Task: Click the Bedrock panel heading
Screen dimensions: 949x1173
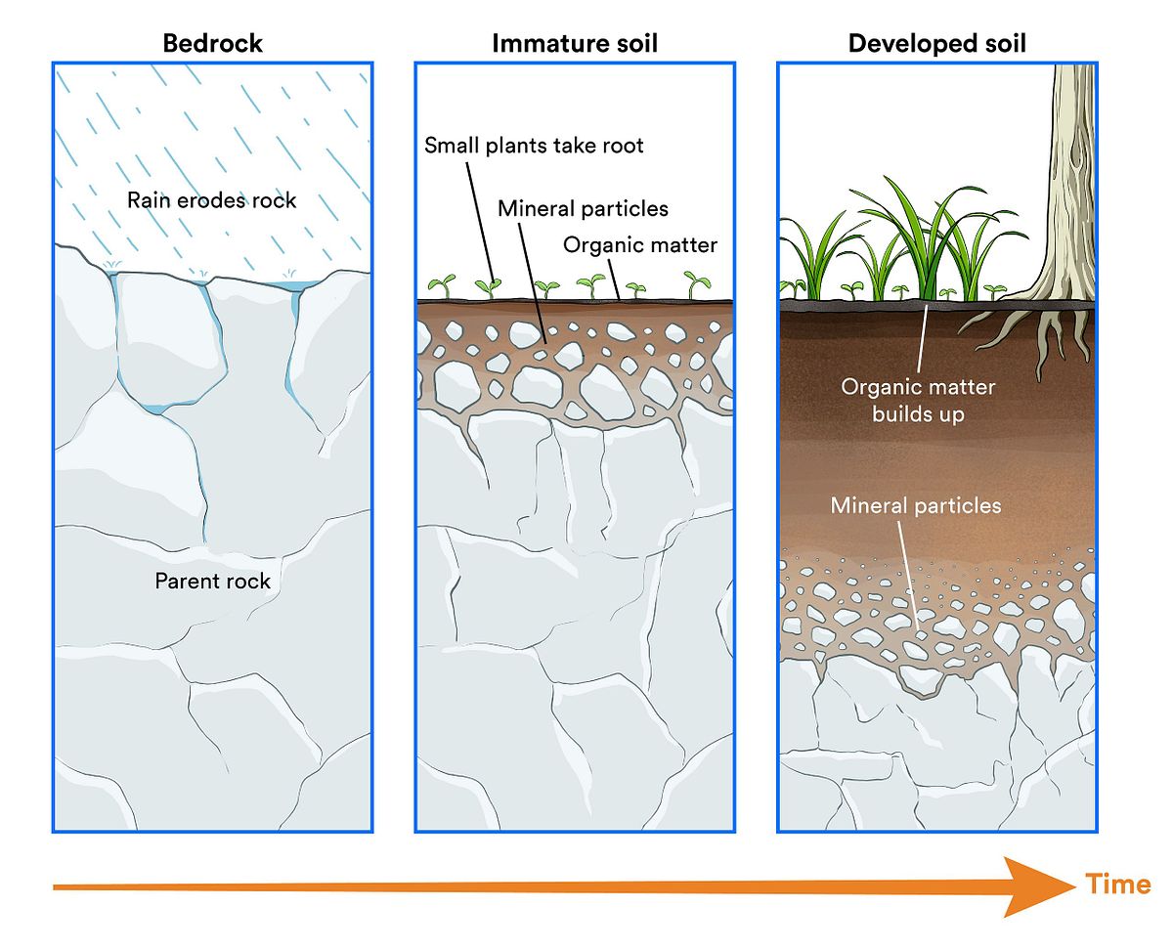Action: tap(212, 43)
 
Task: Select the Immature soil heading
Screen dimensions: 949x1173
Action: tap(574, 43)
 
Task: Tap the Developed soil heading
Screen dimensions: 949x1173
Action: tap(936, 43)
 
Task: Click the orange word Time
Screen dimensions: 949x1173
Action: tap(1117, 884)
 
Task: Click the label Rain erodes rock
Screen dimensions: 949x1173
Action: tap(211, 201)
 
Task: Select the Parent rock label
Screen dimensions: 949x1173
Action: tap(212, 582)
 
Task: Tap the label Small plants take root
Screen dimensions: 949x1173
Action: tap(534, 146)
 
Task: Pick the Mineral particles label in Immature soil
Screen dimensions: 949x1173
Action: tap(583, 208)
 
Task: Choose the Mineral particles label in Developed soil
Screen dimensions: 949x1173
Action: tap(916, 506)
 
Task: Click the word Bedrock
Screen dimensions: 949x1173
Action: tap(212, 43)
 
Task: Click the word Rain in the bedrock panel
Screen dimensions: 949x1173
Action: tap(148, 201)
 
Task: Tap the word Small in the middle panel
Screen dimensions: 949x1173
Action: tap(450, 146)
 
